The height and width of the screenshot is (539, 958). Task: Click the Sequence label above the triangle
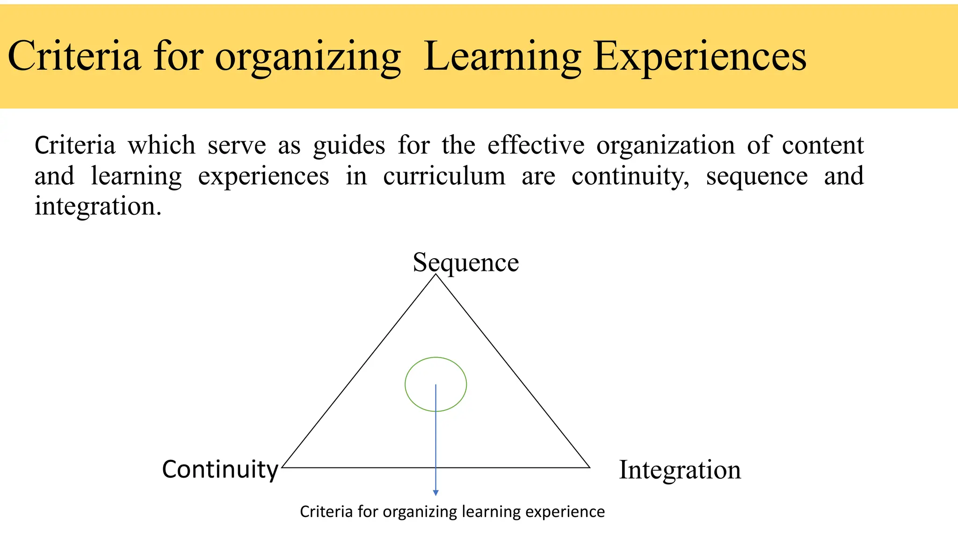[x=465, y=262]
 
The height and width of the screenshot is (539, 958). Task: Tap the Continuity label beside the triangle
[x=220, y=469]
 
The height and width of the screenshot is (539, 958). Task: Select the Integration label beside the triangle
[x=680, y=470]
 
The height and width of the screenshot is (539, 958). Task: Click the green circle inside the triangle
[x=435, y=358]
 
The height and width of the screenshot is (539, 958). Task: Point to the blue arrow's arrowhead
[x=435, y=493]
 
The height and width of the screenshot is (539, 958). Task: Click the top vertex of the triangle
[x=436, y=275]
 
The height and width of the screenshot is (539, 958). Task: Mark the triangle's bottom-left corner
[x=283, y=467]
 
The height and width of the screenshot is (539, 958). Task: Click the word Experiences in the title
[x=700, y=57]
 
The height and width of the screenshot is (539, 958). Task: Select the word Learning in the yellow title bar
[x=502, y=57]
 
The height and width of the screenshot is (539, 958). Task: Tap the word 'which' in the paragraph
[x=161, y=145]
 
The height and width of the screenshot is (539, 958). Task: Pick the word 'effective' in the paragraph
[x=536, y=145]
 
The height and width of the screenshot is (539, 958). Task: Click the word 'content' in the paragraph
[x=822, y=145]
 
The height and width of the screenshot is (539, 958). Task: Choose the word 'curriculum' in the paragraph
[x=444, y=176]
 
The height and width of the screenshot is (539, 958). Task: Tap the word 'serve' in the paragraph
[x=237, y=145]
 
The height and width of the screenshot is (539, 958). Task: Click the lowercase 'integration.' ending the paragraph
[x=98, y=206]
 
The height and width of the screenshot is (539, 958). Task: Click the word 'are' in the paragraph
[x=538, y=176]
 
